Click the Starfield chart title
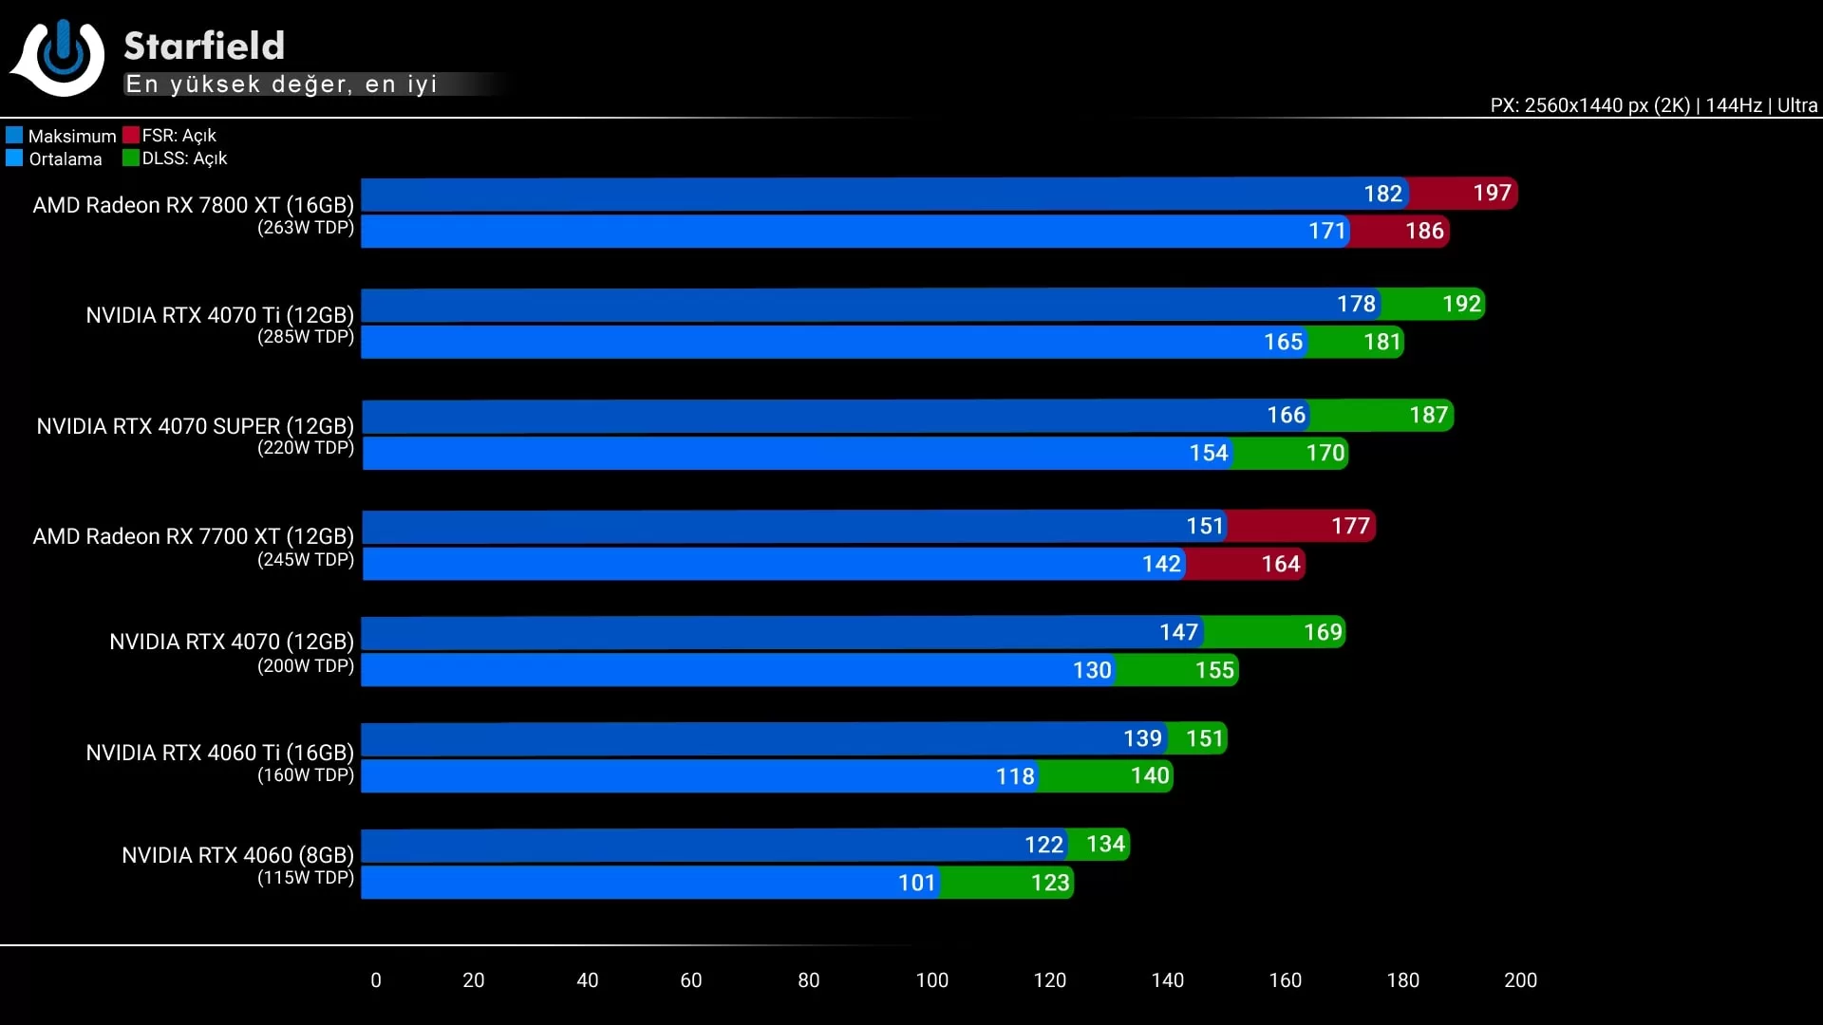coord(204,46)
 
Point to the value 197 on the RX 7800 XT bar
coord(1492,194)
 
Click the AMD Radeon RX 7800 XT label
coord(193,205)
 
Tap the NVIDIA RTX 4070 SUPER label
coord(195,426)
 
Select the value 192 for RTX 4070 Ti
coord(1461,304)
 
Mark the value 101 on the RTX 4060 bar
coord(917,883)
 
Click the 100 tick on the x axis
coord(931,980)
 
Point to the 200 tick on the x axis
coord(1520,980)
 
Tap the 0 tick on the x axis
coord(376,980)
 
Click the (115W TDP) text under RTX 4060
coord(306,878)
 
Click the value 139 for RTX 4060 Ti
coord(1142,738)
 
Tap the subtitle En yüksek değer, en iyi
coord(281,84)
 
